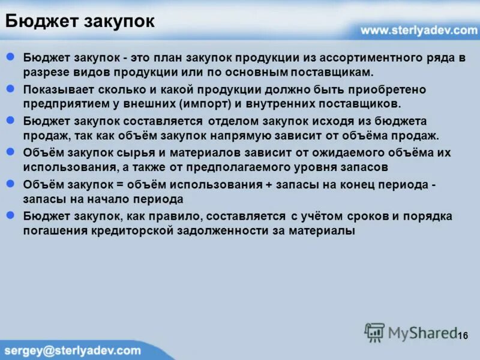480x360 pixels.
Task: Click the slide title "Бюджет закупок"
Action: (x=80, y=22)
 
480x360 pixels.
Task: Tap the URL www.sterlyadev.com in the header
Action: (x=419, y=30)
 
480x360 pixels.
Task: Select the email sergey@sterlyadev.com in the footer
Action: (x=73, y=350)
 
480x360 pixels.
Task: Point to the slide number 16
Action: (x=462, y=335)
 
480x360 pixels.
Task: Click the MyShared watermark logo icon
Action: (x=374, y=332)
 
